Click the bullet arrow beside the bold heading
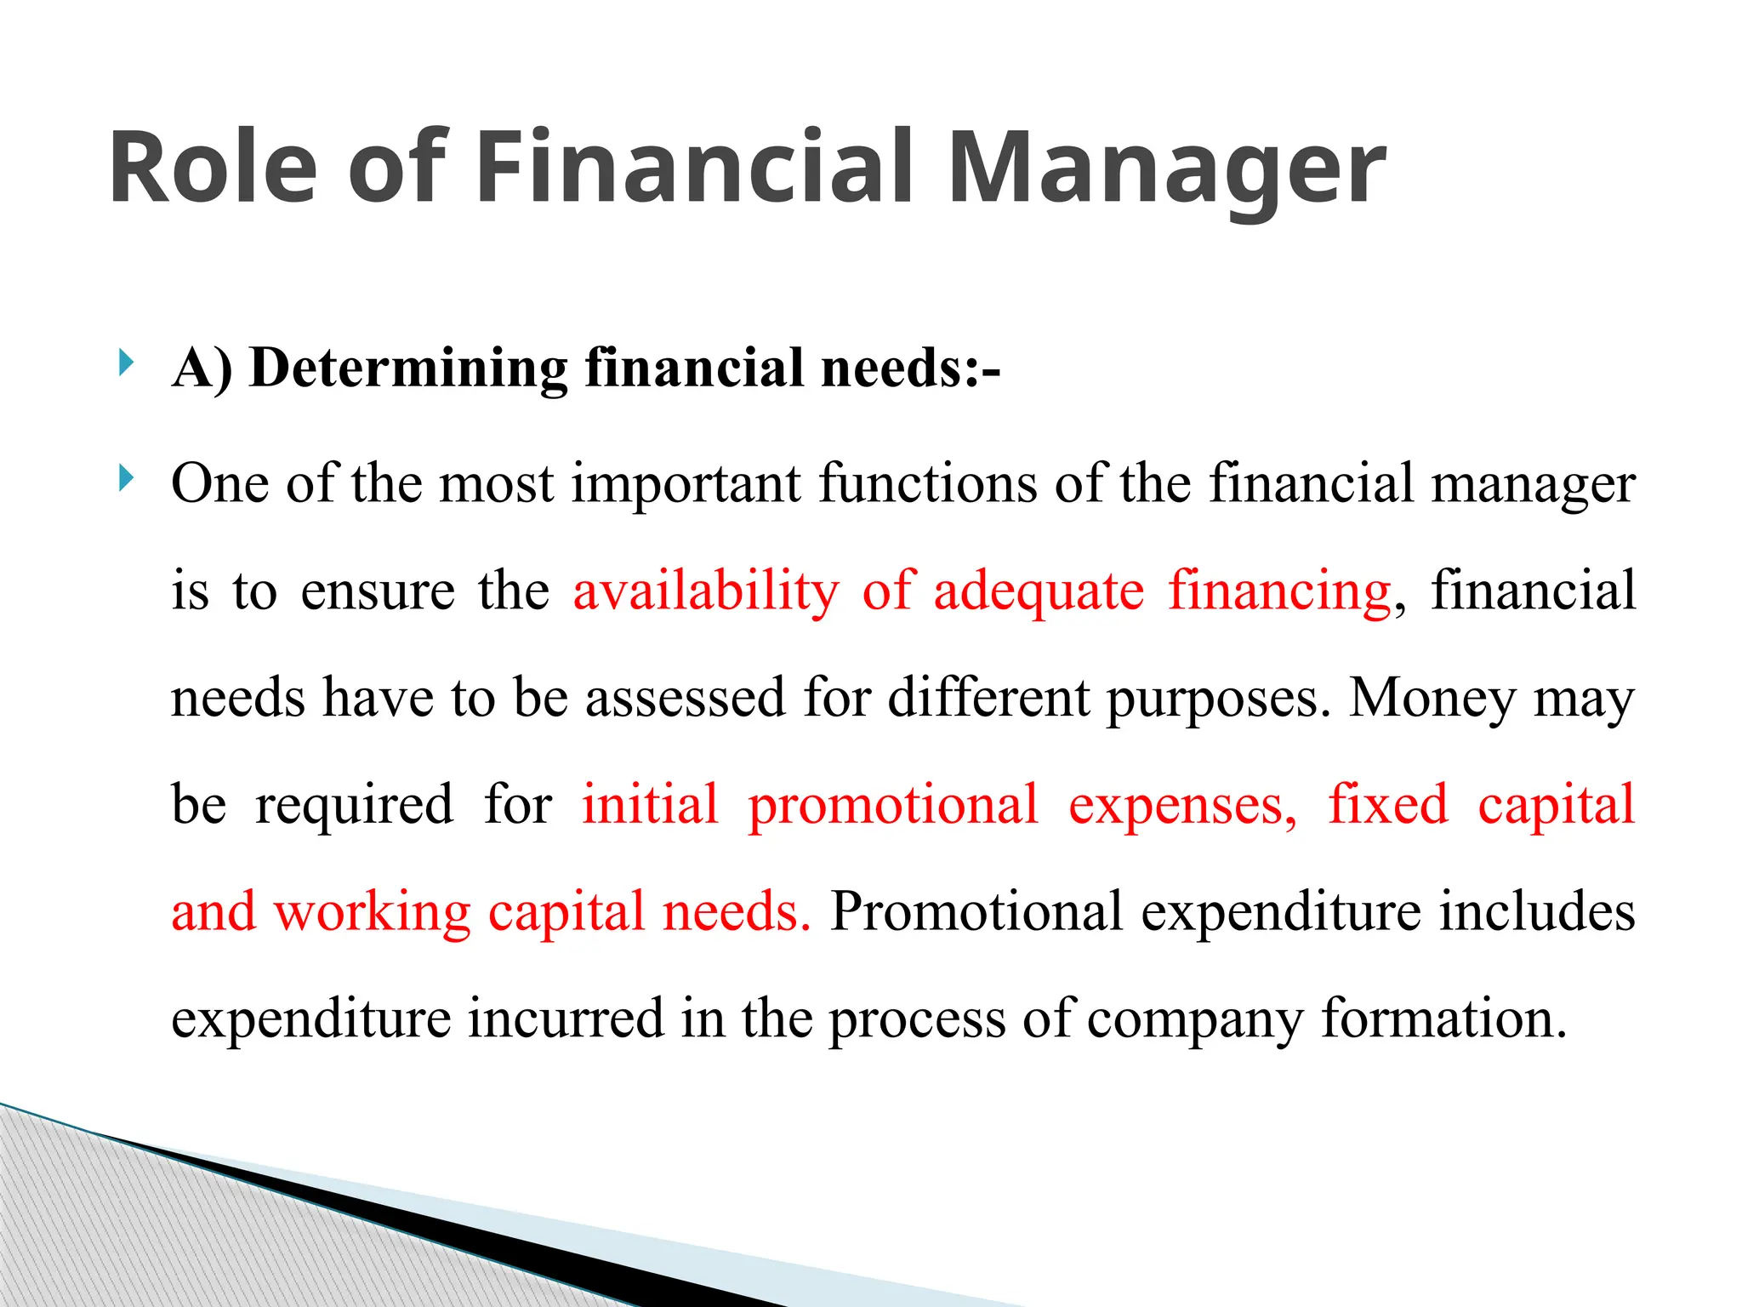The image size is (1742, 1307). (126, 363)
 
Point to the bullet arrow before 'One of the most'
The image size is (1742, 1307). (126, 478)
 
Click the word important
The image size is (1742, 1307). (686, 483)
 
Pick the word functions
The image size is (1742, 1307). (928, 483)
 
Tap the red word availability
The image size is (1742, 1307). (706, 591)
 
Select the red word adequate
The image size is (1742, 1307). (1039, 591)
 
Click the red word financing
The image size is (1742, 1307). (1279, 591)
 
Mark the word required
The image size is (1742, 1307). (354, 805)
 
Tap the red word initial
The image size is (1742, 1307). (650, 805)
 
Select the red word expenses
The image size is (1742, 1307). (1182, 805)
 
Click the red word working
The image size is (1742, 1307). (372, 912)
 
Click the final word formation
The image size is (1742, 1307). (1443, 1019)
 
